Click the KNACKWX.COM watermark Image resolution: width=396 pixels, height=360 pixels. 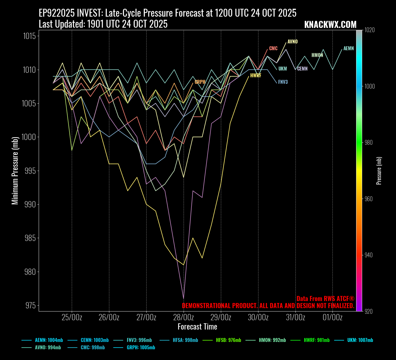pyautogui.click(x=330, y=25)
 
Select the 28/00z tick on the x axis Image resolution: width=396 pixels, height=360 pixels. pyautogui.click(x=184, y=317)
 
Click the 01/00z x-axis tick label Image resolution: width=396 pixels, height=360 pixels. pyautogui.click(x=332, y=317)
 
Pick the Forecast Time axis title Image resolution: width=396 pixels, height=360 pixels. pyautogui.click(x=197, y=327)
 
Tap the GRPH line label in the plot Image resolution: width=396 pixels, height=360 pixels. pyautogui.click(x=200, y=82)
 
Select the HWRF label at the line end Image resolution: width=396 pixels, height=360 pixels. pyautogui.click(x=256, y=76)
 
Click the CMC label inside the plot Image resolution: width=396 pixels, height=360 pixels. pyautogui.click(x=273, y=49)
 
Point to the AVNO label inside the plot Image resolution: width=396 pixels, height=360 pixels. pyautogui.click(x=292, y=42)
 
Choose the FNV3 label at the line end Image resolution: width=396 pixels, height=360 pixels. pyautogui.click(x=283, y=82)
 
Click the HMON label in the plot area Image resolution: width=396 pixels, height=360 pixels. pyautogui.click(x=317, y=55)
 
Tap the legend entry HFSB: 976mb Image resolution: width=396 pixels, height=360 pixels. pyautogui.click(x=228, y=340)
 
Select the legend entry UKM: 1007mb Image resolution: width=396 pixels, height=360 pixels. pyautogui.click(x=360, y=340)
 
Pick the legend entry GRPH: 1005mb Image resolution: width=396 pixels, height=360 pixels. pyautogui.click(x=141, y=348)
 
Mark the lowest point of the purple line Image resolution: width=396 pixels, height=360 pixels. pyautogui.click(x=184, y=298)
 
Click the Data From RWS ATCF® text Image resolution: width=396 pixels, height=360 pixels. pyautogui.click(x=325, y=299)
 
